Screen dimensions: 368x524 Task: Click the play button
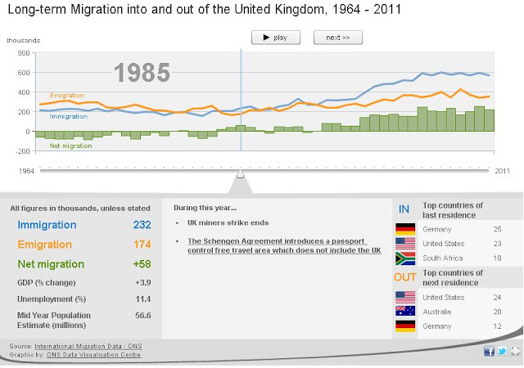coord(276,38)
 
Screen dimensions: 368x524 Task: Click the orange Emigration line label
coord(67,96)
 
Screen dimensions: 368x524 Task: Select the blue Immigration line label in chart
coord(69,117)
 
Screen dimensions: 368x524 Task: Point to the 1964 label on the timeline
coord(26,171)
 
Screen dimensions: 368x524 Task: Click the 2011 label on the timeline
coord(503,171)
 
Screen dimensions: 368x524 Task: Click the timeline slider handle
coord(240,173)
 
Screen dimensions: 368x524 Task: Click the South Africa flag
coord(405,258)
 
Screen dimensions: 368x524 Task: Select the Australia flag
coord(405,311)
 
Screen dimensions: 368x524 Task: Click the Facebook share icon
coord(490,351)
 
